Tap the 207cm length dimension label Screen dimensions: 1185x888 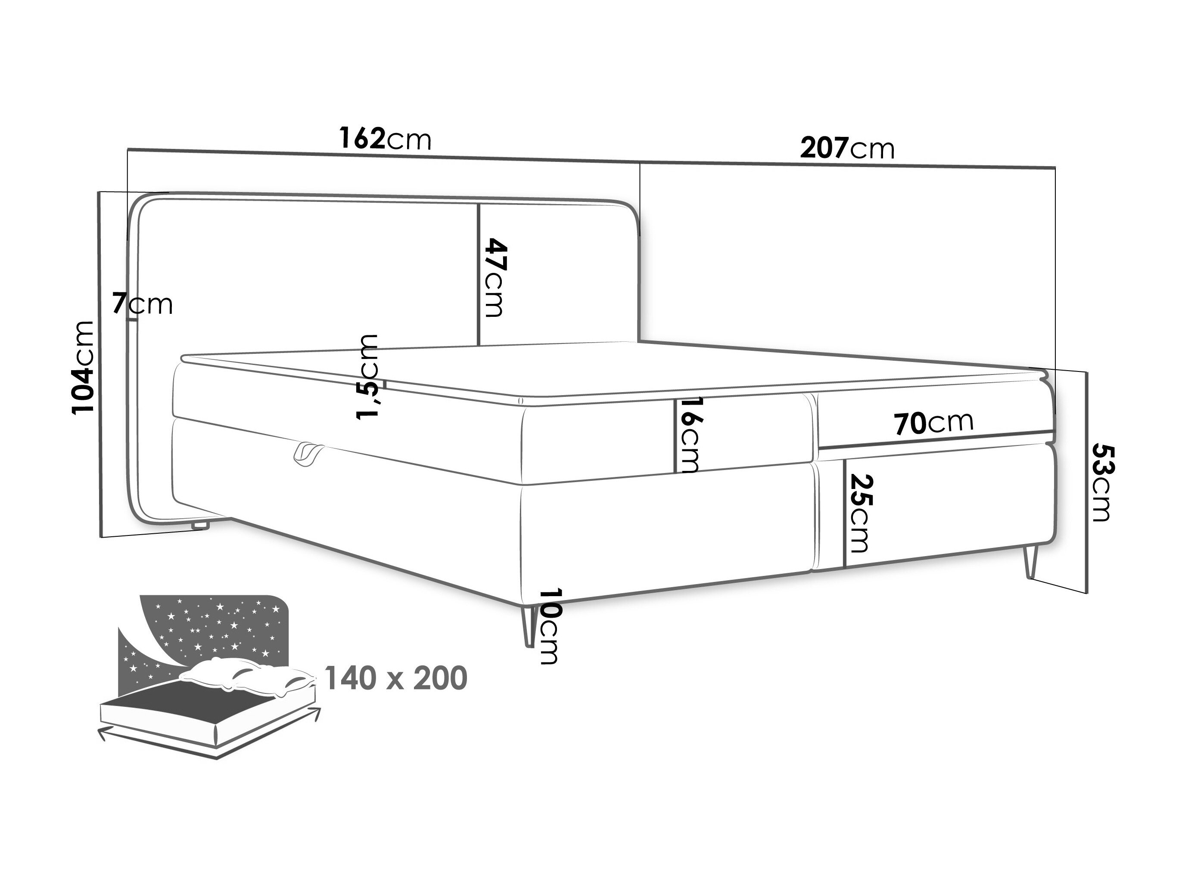pos(847,148)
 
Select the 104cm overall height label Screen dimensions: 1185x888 pos(84,368)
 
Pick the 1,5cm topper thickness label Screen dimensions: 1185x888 pos(369,377)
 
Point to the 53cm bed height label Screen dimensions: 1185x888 pos(1102,482)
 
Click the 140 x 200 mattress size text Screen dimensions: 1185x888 pos(396,679)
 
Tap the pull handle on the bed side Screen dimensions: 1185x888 pos(308,455)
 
